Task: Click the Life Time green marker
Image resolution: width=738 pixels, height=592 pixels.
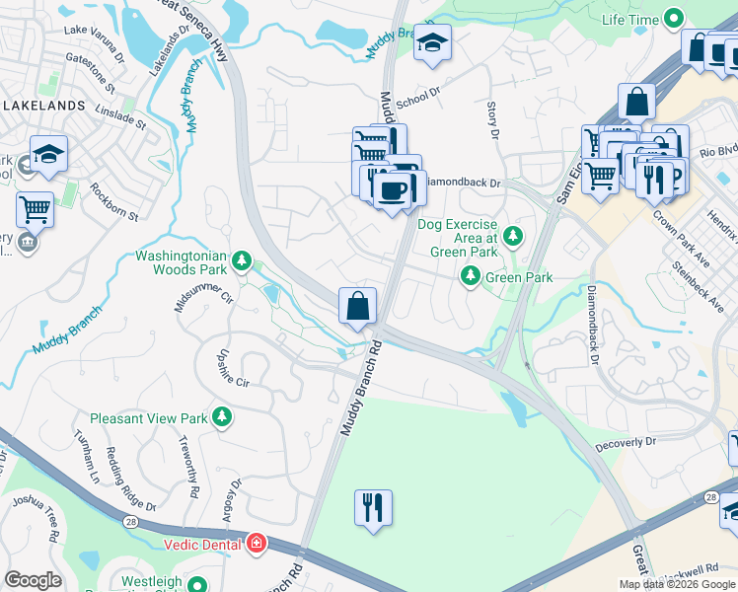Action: pyautogui.click(x=675, y=18)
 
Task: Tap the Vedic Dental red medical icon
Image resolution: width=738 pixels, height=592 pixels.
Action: pyautogui.click(x=257, y=543)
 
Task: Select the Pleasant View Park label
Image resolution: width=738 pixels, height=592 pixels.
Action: pyautogui.click(x=149, y=418)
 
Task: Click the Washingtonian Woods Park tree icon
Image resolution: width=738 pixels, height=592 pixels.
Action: pyautogui.click(x=242, y=261)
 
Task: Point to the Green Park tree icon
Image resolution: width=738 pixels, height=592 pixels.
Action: pyautogui.click(x=471, y=278)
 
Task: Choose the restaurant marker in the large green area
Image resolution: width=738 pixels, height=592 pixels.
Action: pyautogui.click(x=373, y=508)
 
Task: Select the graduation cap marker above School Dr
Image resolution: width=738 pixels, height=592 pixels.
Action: pyautogui.click(x=431, y=42)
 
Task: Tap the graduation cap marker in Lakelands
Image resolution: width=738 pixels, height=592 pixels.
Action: pyautogui.click(x=48, y=154)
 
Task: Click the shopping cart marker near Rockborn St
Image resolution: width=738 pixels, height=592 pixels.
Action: pyautogui.click(x=35, y=209)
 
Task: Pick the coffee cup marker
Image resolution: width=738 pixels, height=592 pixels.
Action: pyautogui.click(x=392, y=189)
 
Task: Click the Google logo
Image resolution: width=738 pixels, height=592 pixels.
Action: pyautogui.click(x=33, y=580)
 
